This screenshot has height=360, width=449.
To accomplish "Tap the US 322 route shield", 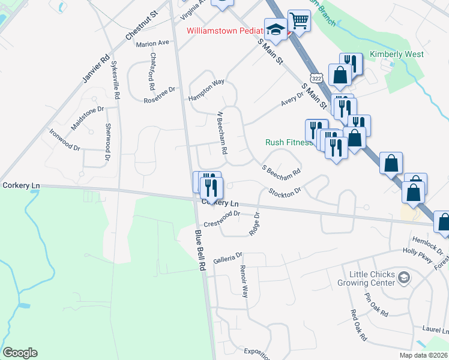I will [x=316, y=79].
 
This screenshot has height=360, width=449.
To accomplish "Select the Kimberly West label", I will [x=397, y=54].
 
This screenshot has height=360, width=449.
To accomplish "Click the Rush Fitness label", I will [x=289, y=142].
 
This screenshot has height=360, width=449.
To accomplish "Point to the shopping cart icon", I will [x=298, y=21].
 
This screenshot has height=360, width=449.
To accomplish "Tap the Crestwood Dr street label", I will [x=222, y=219].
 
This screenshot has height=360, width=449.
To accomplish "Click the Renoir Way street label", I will [x=244, y=281].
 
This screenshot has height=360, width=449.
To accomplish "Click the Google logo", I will [x=20, y=353].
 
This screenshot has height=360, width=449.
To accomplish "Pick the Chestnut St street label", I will [x=141, y=26].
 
